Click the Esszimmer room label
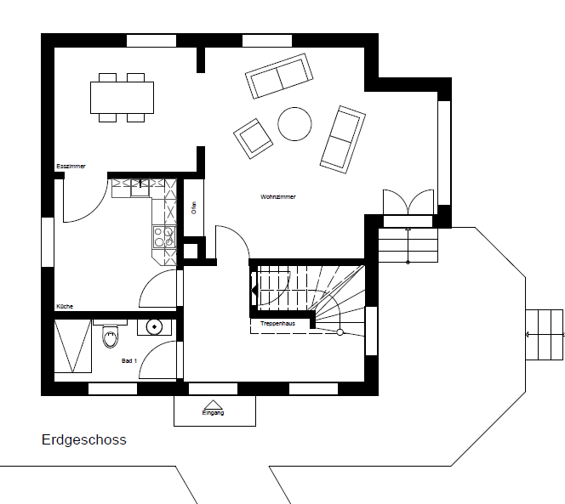[x=71, y=167]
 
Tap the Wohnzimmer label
[x=277, y=197]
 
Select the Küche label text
[x=65, y=306]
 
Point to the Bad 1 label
[x=129, y=360]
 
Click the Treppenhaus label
[x=277, y=323]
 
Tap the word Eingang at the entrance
[x=213, y=412]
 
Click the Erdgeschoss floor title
[x=84, y=440]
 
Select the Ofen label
[x=194, y=207]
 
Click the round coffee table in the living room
[x=294, y=124]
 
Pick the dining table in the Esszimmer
[x=123, y=98]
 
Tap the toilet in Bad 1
[x=111, y=336]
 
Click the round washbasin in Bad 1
[x=154, y=327]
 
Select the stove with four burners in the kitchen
[x=164, y=237]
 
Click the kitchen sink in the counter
[x=140, y=188]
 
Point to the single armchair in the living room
[x=253, y=139]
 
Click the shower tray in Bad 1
[x=73, y=346]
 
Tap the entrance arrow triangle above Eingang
[x=213, y=405]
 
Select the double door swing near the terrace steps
[x=408, y=201]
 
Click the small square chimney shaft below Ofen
[x=191, y=251]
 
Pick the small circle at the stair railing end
[x=340, y=332]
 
